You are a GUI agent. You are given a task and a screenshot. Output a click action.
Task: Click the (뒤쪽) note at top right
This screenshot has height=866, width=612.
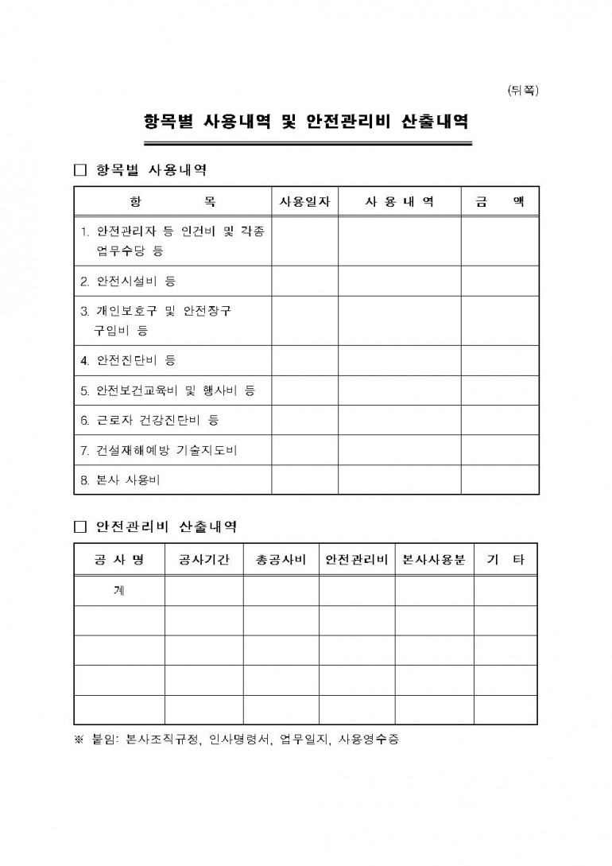click(522, 90)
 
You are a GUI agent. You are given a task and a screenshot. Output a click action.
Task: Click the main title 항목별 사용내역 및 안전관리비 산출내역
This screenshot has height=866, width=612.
click(306, 122)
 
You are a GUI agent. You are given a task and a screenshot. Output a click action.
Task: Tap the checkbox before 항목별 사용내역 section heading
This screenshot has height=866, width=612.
click(79, 170)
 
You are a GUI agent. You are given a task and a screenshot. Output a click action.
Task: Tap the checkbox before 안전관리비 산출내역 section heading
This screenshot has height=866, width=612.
click(79, 526)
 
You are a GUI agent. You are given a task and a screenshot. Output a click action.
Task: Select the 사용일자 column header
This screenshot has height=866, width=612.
click(305, 202)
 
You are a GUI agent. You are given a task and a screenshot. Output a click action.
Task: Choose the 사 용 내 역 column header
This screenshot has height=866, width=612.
click(400, 202)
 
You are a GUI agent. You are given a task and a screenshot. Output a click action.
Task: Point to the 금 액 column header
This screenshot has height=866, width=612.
click(500, 202)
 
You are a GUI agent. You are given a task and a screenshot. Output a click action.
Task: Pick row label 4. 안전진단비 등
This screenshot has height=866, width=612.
click(128, 360)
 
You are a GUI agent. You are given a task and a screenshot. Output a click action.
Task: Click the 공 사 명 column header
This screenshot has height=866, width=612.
click(119, 560)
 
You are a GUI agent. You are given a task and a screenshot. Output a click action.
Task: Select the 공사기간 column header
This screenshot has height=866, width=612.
click(203, 560)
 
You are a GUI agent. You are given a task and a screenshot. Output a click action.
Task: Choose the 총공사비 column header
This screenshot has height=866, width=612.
click(281, 560)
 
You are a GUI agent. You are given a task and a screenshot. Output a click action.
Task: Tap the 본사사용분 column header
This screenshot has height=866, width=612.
click(434, 560)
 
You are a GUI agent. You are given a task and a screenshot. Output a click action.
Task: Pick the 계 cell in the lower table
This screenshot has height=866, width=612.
click(119, 590)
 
